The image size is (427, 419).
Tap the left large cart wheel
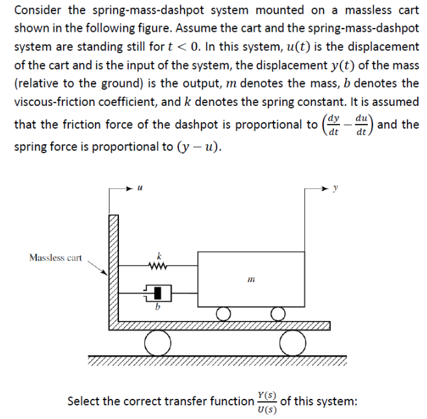[157, 344]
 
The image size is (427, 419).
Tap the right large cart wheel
[290, 344]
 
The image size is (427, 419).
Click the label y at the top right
[335, 190]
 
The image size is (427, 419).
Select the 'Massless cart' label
[55, 258]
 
